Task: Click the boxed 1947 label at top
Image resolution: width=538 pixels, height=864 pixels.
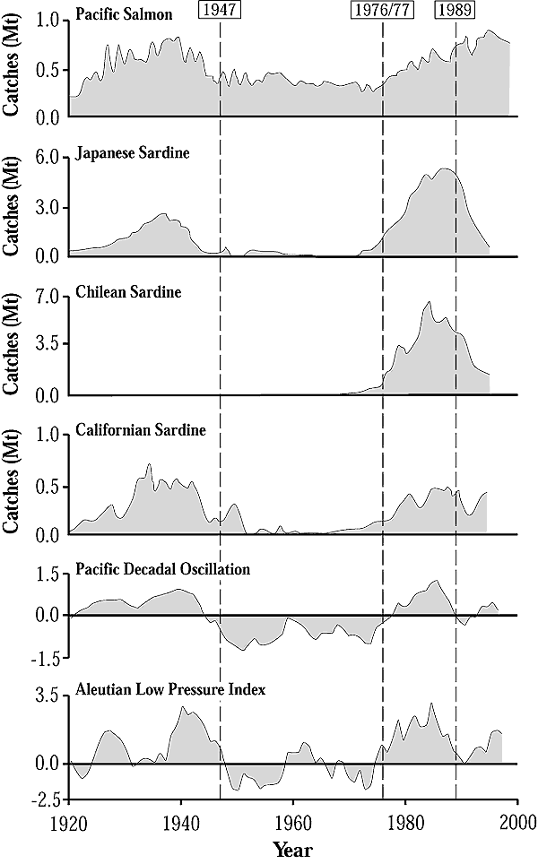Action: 221,11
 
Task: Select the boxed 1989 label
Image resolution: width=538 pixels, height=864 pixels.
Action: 456,11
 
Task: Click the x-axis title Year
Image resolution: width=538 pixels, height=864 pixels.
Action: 292,846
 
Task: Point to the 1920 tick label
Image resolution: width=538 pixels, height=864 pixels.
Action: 68,822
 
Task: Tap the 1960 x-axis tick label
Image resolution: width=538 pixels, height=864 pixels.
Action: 293,822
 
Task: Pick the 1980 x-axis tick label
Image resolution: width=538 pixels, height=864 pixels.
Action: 405,822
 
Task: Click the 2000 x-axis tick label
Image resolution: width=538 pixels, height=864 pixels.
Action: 517,822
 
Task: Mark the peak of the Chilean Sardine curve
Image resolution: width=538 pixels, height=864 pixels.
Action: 430,302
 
